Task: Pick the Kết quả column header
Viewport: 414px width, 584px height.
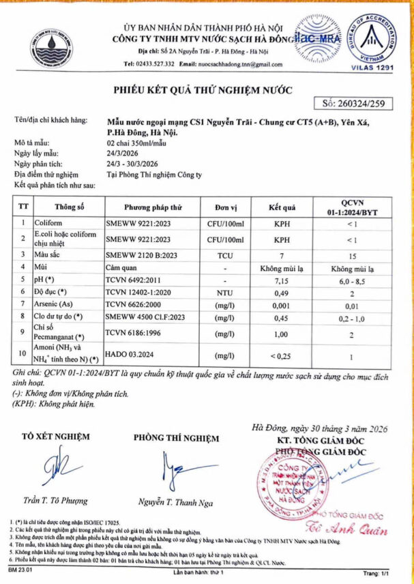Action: tap(281, 207)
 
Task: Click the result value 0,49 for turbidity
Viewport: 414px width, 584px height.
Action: tap(281, 293)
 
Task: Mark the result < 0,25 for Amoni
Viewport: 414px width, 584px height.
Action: tap(281, 356)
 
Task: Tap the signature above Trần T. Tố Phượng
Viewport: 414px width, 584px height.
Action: tap(59, 469)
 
